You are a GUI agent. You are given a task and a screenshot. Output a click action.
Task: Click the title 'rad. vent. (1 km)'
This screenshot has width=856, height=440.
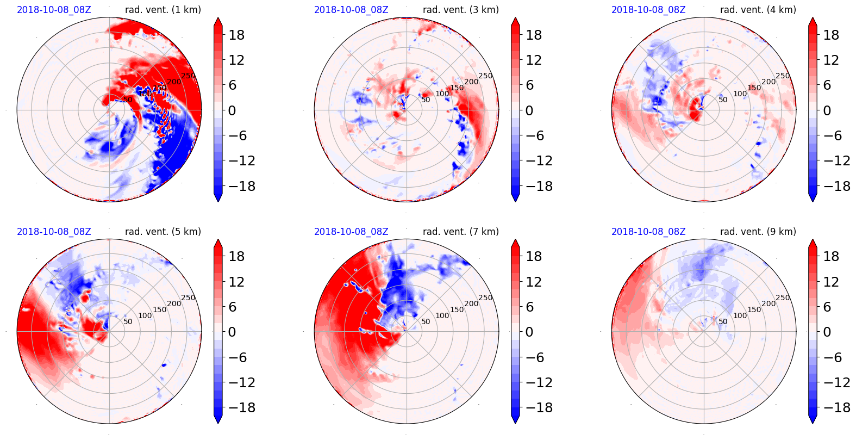(x=163, y=10)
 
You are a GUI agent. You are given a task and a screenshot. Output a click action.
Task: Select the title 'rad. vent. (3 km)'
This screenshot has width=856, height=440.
(x=460, y=10)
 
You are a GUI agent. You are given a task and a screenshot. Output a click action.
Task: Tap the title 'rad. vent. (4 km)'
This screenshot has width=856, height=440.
(x=758, y=10)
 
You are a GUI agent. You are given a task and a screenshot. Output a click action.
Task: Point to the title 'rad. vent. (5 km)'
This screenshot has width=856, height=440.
(x=163, y=232)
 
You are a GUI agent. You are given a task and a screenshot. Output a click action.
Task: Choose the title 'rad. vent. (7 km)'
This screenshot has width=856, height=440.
(x=460, y=232)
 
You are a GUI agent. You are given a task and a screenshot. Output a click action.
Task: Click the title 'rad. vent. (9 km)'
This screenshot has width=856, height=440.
(x=758, y=232)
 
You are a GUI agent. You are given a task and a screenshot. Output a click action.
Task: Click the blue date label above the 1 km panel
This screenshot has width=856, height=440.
(x=54, y=10)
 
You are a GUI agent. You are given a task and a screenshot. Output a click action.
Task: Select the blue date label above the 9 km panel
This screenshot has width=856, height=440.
(x=648, y=232)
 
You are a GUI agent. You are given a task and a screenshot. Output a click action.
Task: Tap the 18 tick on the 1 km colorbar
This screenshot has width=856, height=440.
(x=236, y=35)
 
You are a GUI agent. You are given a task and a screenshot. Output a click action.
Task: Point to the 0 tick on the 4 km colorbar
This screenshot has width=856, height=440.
(x=827, y=110)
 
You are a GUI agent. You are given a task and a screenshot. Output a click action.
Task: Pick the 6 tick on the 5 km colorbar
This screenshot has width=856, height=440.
(x=232, y=307)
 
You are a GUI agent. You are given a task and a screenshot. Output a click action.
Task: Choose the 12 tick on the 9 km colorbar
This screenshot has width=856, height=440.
(x=831, y=282)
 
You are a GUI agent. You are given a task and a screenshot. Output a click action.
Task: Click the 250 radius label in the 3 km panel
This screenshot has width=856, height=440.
(x=485, y=76)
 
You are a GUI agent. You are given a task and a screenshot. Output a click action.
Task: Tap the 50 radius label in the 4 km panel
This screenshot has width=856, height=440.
(x=723, y=100)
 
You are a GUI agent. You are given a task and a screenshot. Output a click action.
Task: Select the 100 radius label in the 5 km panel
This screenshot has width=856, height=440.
(x=145, y=315)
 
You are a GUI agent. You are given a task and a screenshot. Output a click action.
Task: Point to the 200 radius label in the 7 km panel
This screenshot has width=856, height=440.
(x=471, y=303)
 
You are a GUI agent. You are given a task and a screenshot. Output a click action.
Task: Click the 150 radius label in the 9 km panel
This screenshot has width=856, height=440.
(x=754, y=309)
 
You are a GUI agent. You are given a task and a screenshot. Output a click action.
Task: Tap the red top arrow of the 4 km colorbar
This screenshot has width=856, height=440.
(x=813, y=21)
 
